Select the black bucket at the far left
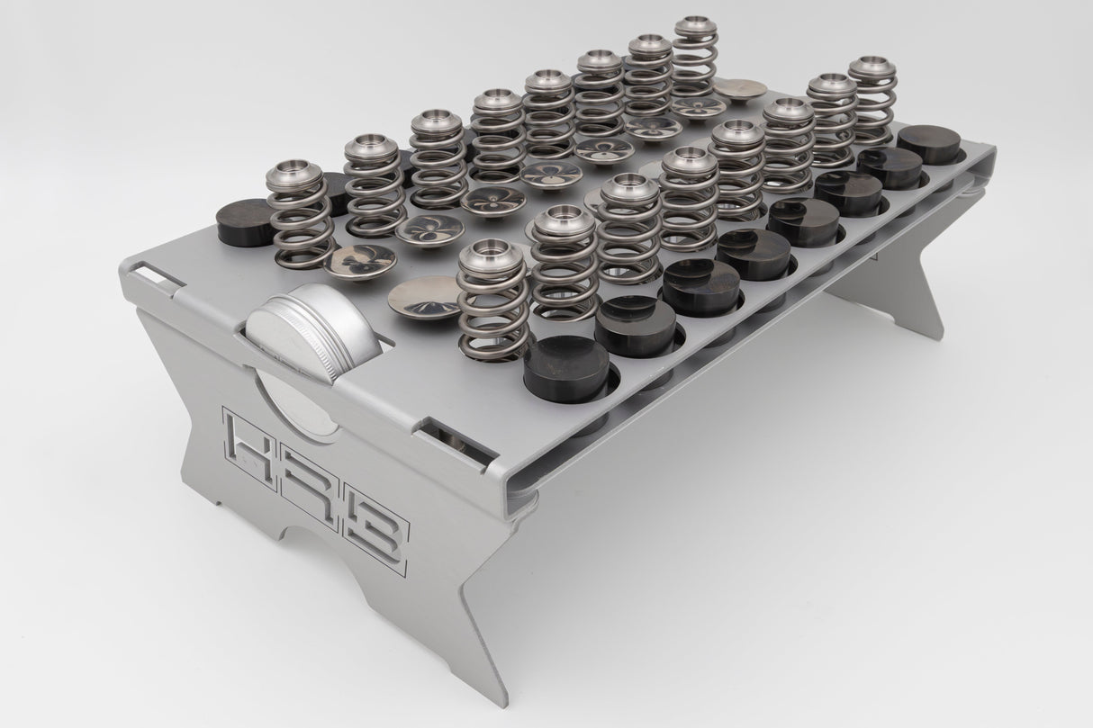(246, 220)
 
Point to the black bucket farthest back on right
(926, 142)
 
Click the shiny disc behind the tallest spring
(740, 88)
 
